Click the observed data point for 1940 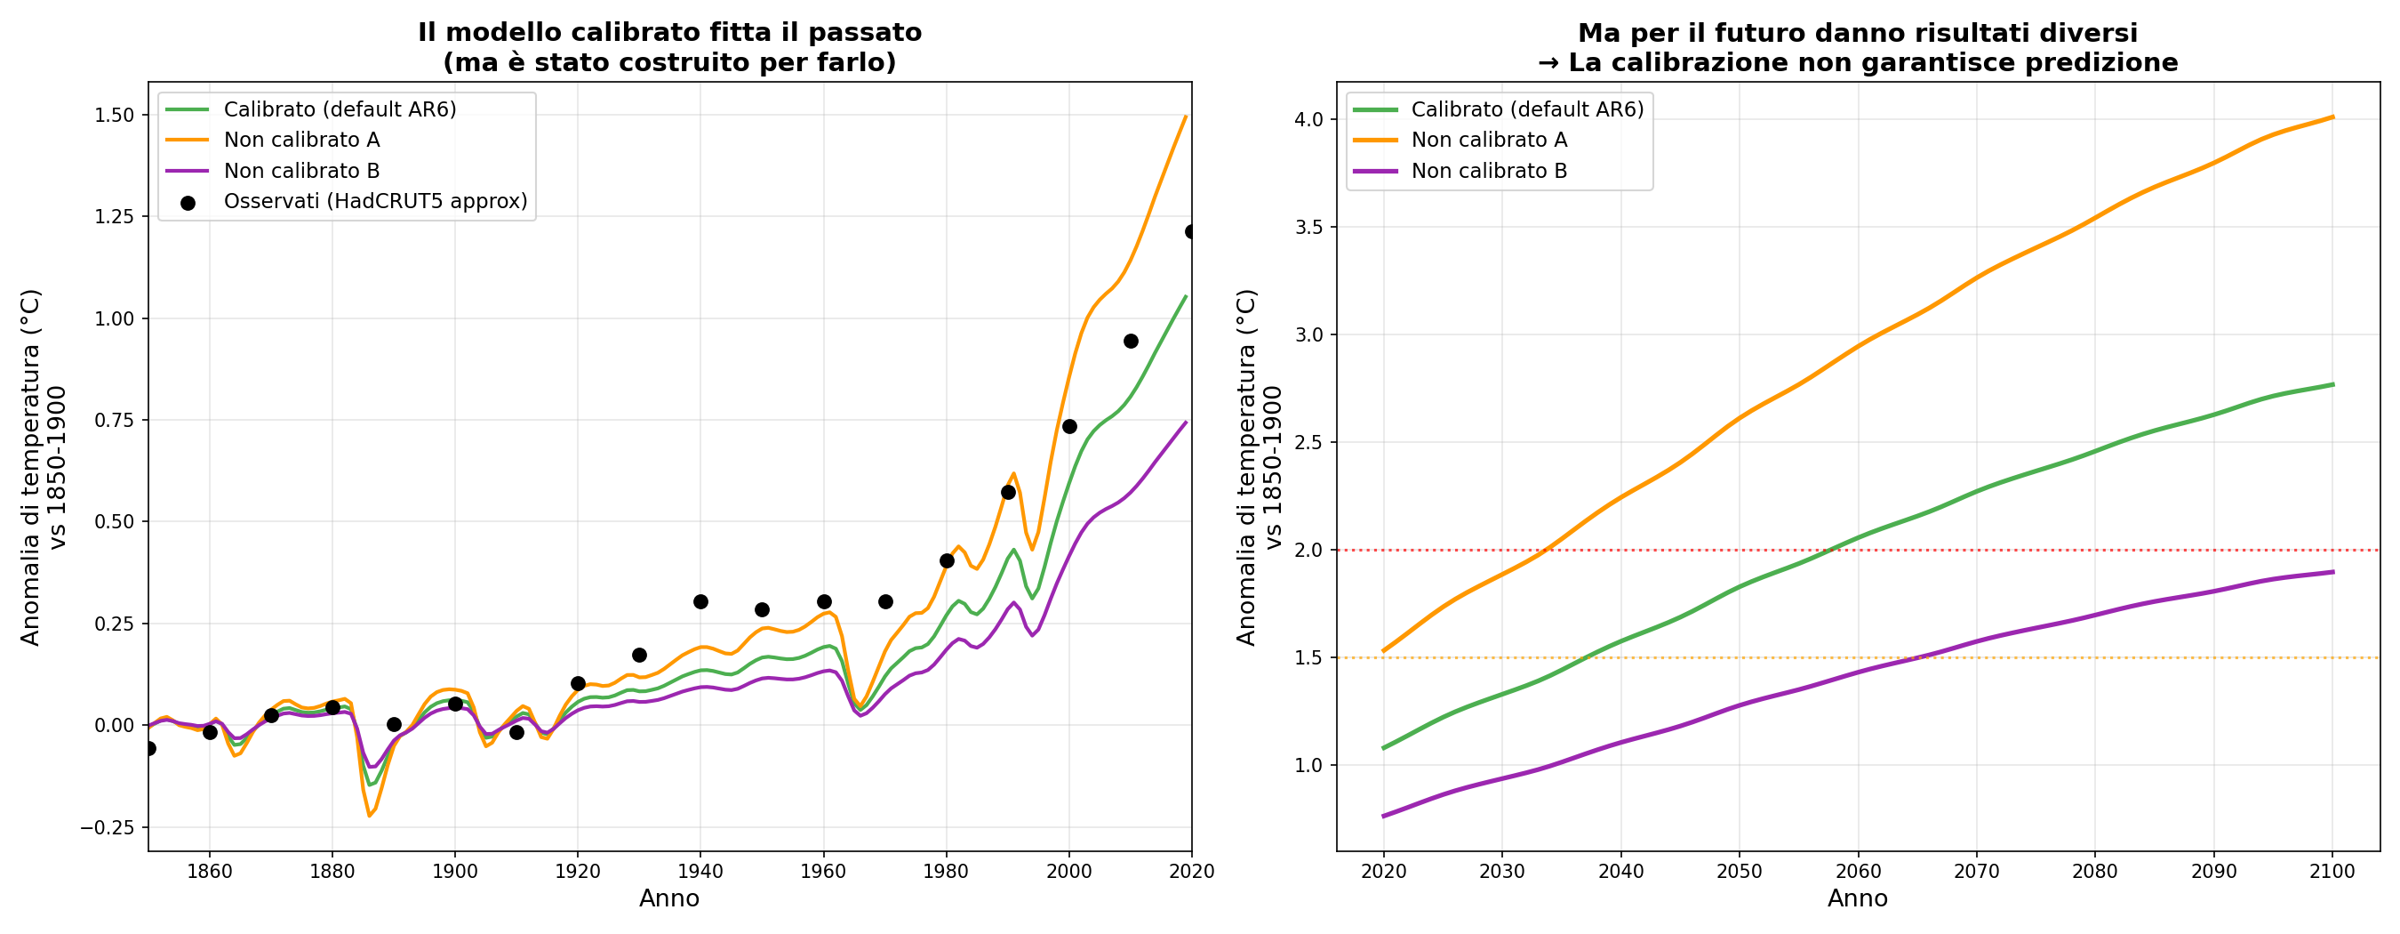tap(700, 602)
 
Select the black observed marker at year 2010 tap(1131, 342)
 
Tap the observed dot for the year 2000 tap(1069, 427)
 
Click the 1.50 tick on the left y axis tap(115, 116)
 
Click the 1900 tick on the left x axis tap(454, 872)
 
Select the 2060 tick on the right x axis tap(1858, 872)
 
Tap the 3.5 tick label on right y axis tap(1309, 228)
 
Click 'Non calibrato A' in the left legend tap(302, 140)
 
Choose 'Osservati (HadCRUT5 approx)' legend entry tap(375, 201)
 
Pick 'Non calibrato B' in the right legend tap(1489, 171)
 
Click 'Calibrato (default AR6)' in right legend tap(1527, 109)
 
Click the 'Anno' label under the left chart tap(669, 898)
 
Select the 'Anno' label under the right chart tap(1858, 898)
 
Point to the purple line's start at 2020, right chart tap(1383, 817)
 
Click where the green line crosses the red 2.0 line tap(1834, 550)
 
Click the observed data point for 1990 tap(1008, 492)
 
